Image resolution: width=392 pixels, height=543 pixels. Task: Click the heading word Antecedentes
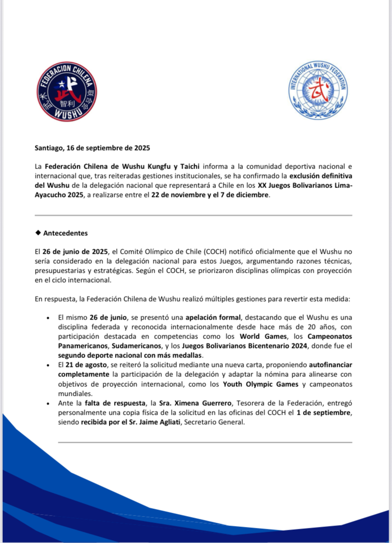click(65, 233)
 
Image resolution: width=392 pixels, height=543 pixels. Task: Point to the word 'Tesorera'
click(249, 404)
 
